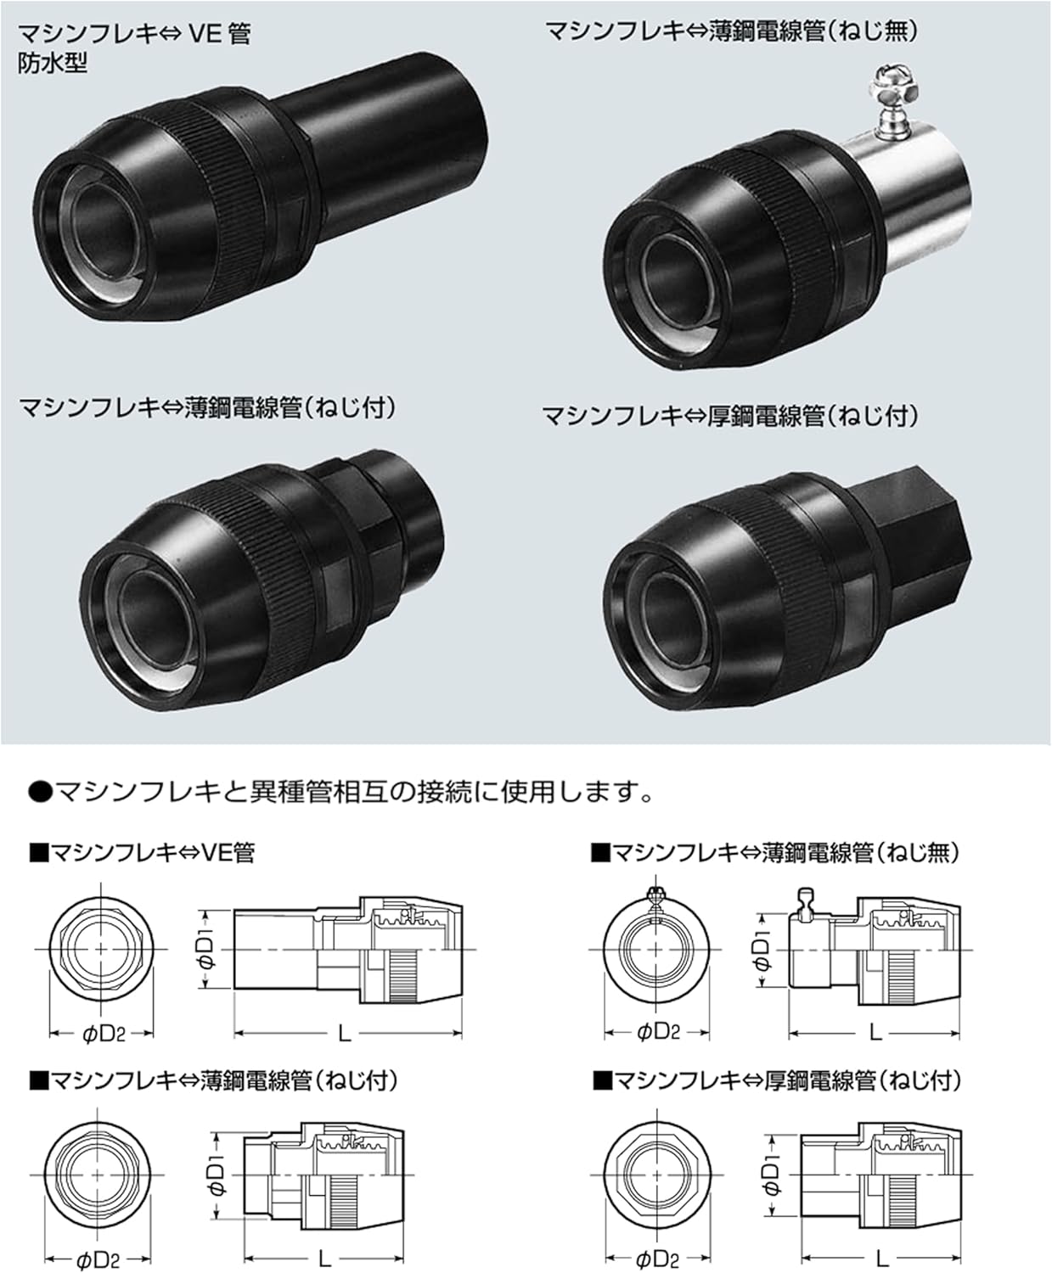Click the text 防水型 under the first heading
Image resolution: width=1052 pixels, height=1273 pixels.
[53, 63]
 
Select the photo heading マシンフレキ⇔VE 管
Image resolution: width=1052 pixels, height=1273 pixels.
[134, 34]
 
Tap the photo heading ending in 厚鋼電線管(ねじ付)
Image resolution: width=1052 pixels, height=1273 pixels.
[730, 416]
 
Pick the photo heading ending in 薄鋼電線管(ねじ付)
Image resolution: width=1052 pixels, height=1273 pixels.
[207, 408]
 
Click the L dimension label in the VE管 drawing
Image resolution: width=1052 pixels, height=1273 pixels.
[345, 1033]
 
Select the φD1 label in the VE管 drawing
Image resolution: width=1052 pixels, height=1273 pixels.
[207, 949]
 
